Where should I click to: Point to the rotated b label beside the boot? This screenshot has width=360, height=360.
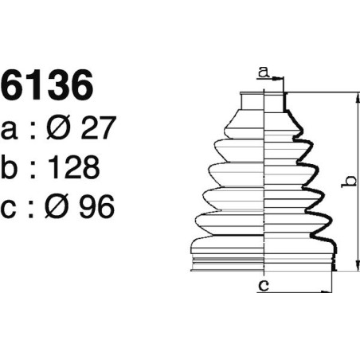pyautogui.click(x=348, y=184)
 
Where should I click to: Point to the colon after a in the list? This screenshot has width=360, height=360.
pyautogui.click(x=32, y=129)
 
